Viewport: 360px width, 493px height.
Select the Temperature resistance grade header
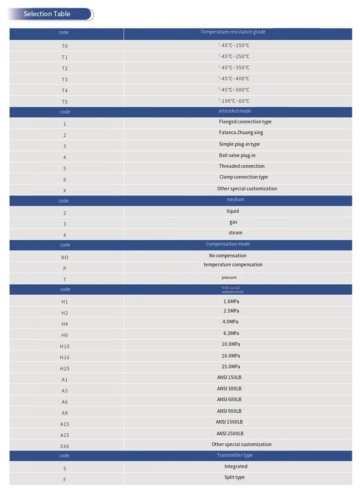tap(233, 32)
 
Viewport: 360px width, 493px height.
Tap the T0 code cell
tap(65, 46)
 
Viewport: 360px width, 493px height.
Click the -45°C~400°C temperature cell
tap(234, 79)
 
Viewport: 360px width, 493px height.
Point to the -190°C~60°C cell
tap(234, 101)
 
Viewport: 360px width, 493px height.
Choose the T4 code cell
tap(65, 91)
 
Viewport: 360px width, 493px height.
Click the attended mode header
tap(235, 111)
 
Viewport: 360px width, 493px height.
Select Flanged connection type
tap(245, 122)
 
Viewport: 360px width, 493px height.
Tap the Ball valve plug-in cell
tap(237, 155)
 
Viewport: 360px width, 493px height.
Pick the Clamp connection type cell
tap(244, 177)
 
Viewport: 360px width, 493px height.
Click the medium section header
tap(235, 200)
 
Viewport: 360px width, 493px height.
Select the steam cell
tap(235, 233)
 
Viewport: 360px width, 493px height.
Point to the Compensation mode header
tap(228, 244)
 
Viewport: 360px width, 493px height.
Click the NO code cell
tap(65, 257)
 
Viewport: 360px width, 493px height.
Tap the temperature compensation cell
tap(233, 265)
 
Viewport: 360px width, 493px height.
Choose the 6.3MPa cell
tap(231, 334)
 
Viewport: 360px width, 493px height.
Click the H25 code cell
tap(65, 368)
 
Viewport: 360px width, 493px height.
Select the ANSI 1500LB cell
tap(229, 422)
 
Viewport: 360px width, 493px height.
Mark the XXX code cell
tap(65, 446)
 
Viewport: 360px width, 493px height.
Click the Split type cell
tap(234, 478)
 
